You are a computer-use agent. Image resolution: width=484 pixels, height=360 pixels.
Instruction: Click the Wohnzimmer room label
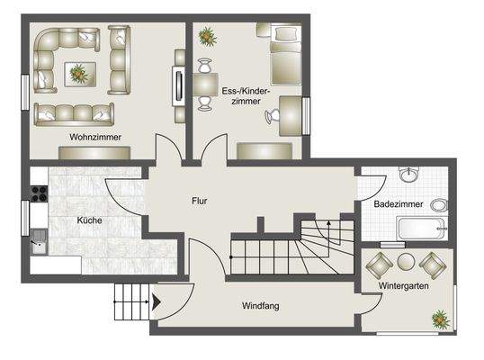(x=94, y=137)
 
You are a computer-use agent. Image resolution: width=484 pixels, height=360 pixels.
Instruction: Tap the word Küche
(x=88, y=220)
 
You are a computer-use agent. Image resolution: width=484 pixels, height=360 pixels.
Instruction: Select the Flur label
(x=199, y=201)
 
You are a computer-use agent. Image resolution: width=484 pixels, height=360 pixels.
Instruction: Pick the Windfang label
(x=260, y=306)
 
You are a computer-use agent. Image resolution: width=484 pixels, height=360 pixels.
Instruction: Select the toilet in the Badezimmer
(x=439, y=205)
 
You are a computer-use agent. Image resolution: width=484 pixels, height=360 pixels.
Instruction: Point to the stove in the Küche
(x=38, y=191)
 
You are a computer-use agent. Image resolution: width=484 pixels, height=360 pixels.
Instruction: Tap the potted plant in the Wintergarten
(x=439, y=318)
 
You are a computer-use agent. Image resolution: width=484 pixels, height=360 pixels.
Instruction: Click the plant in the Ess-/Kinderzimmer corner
(x=208, y=36)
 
